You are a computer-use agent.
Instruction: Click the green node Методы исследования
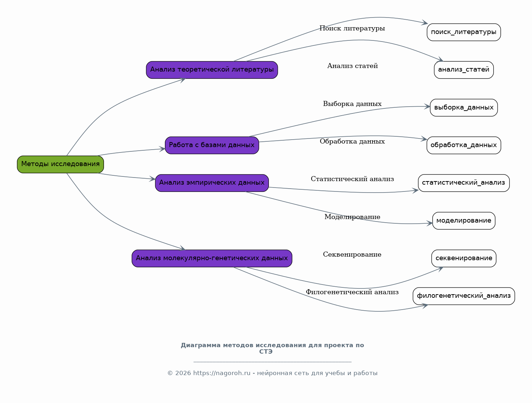click(60, 165)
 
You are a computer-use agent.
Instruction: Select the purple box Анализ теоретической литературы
click(212, 70)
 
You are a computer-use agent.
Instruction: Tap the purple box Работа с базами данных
click(212, 145)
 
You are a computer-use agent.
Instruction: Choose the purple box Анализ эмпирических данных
click(212, 183)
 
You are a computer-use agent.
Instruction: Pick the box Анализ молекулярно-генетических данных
click(212, 259)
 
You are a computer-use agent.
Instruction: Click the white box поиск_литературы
click(464, 32)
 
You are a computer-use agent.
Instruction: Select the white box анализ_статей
click(464, 70)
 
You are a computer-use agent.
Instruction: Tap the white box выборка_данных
click(464, 108)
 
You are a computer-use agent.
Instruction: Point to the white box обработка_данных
click(464, 145)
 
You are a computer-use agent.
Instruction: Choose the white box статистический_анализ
click(464, 183)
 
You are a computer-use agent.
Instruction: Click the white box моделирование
click(464, 221)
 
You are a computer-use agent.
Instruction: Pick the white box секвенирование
click(464, 259)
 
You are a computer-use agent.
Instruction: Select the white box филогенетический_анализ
click(464, 296)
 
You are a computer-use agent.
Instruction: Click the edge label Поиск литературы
click(352, 29)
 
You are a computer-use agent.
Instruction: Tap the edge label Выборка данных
click(352, 104)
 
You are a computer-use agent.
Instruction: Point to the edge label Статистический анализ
click(352, 179)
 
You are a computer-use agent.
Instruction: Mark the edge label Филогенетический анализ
click(352, 292)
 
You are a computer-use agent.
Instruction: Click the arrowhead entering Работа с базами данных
click(162, 149)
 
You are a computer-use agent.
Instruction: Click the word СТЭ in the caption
click(266, 352)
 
